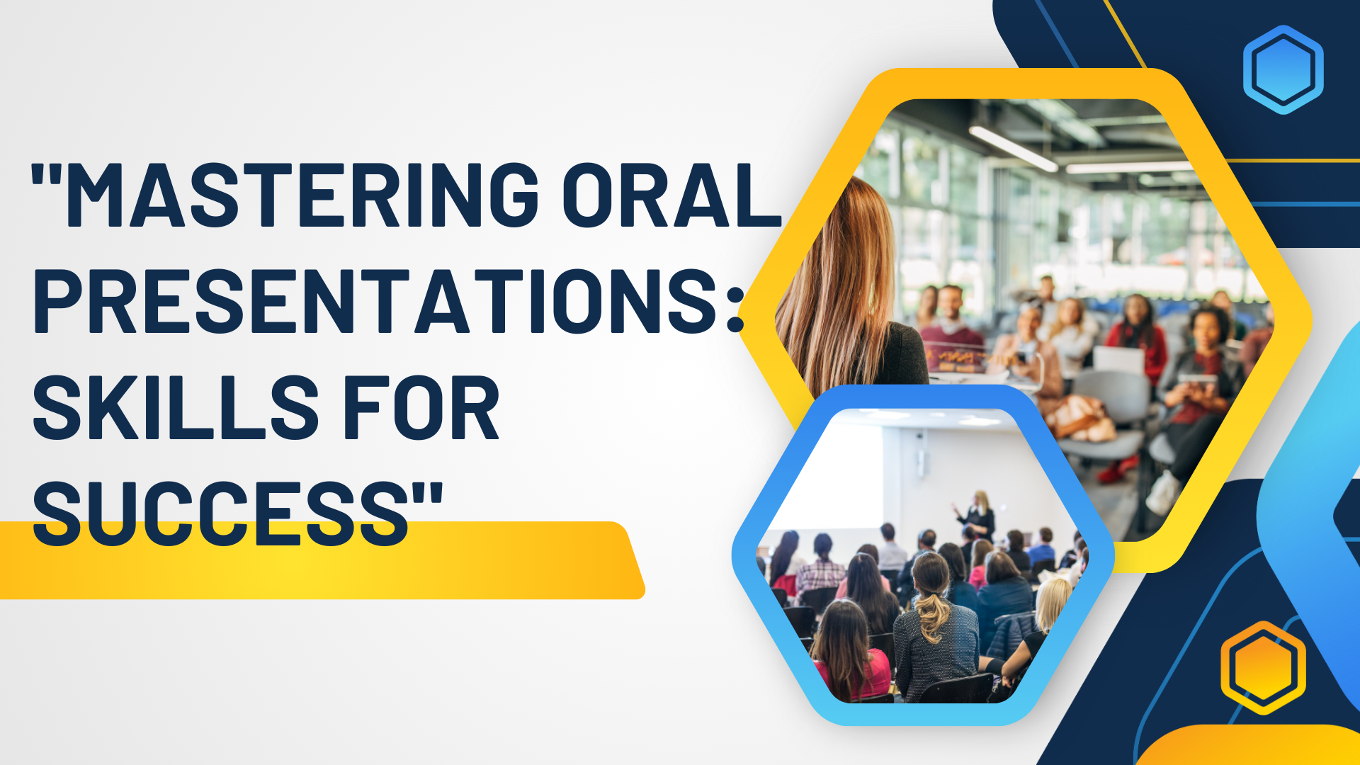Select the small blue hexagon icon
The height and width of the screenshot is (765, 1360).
1283,69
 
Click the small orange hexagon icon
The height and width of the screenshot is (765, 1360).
1263,667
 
